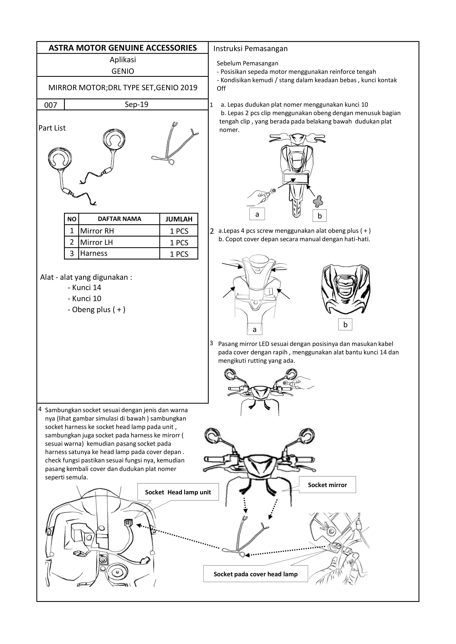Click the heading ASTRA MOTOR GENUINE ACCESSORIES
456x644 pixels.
tap(123, 48)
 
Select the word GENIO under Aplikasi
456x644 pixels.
tap(123, 71)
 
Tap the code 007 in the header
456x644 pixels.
tap(50, 105)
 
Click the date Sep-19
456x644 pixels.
tap(136, 105)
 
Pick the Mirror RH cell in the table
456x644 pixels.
tap(97, 231)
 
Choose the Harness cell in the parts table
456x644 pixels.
tap(94, 253)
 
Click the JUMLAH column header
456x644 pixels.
tap(179, 219)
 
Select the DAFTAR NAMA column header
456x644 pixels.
tap(119, 219)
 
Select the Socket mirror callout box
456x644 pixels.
tap(327, 485)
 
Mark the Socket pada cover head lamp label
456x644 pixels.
tap(256, 574)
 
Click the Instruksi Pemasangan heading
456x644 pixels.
tap(250, 48)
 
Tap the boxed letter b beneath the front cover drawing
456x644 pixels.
tap(345, 325)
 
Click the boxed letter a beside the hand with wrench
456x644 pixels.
tap(257, 214)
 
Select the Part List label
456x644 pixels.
tap(52, 128)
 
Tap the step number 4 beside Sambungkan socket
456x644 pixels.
tap(40, 409)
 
